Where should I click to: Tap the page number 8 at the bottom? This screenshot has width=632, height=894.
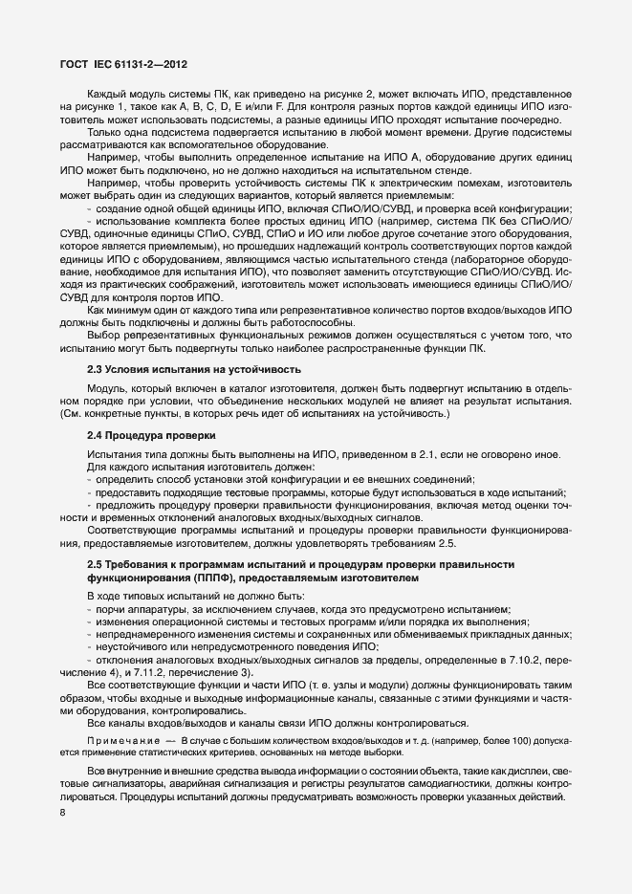click(63, 813)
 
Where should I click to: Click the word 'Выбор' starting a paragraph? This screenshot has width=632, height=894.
click(105, 334)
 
